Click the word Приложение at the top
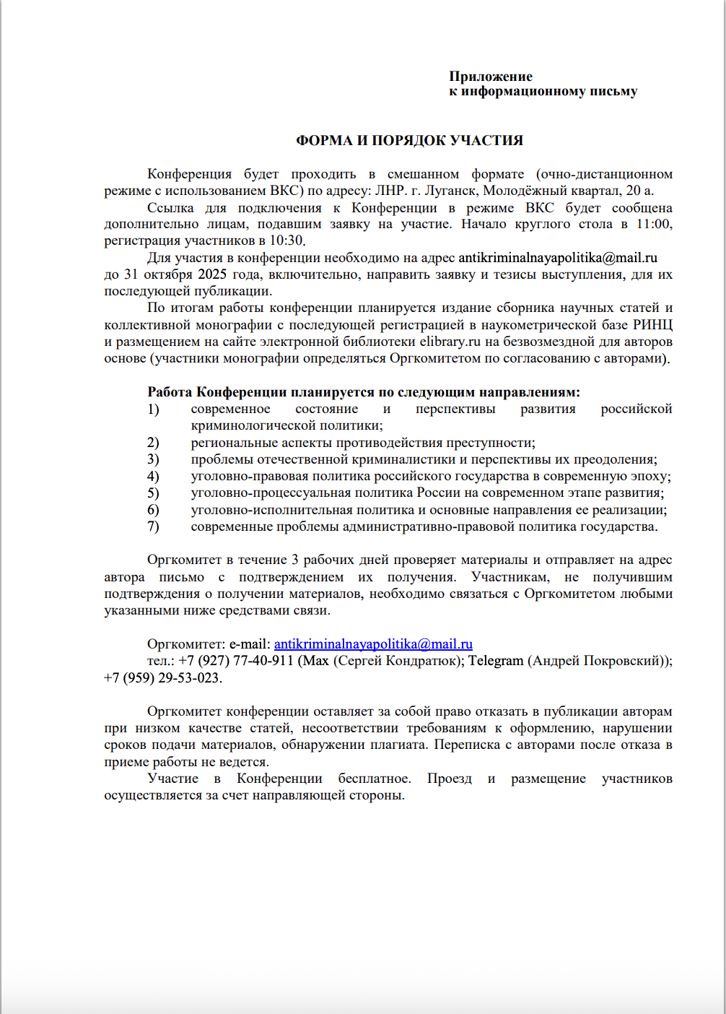[491, 77]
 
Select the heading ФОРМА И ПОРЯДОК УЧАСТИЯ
[409, 141]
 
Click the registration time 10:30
[287, 240]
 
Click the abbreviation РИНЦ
[652, 325]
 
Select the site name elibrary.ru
[450, 342]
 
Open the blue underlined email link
[373, 643]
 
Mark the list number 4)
[153, 476]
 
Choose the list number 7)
[153, 526]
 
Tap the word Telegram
[496, 660]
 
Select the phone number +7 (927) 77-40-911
[236, 660]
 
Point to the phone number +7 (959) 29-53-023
[162, 677]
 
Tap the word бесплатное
[374, 779]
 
